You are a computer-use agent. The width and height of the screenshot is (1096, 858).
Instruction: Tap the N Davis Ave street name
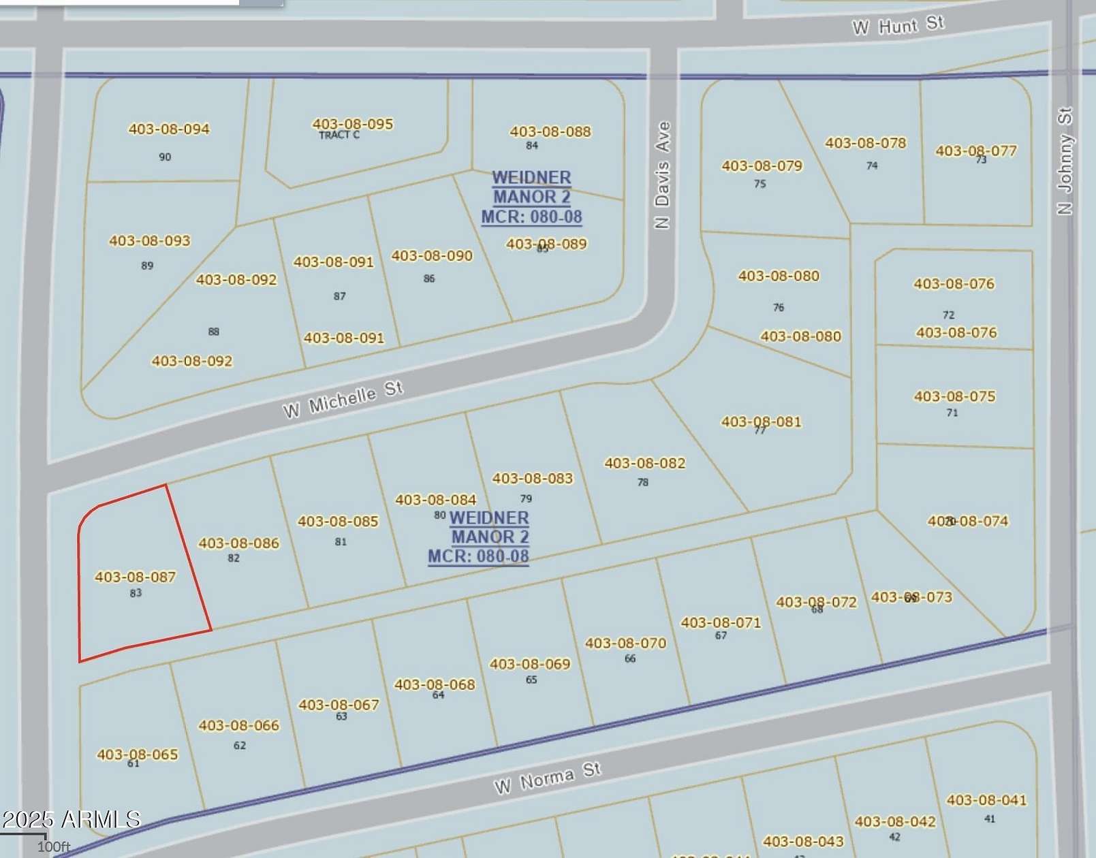click(x=662, y=175)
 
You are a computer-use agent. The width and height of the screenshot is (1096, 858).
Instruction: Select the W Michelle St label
click(x=343, y=400)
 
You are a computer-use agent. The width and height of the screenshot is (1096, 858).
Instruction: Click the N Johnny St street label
click(x=1065, y=161)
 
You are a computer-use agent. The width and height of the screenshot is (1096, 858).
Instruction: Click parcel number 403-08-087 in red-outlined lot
click(x=135, y=577)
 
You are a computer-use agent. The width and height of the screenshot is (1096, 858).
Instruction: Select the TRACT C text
click(x=339, y=136)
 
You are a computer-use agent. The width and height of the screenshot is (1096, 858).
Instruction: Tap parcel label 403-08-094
click(x=169, y=129)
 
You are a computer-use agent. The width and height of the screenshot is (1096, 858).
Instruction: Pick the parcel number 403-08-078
click(x=865, y=143)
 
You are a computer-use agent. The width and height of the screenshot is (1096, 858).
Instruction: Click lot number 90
click(x=165, y=157)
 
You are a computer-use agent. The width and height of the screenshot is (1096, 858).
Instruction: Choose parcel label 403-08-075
click(x=954, y=396)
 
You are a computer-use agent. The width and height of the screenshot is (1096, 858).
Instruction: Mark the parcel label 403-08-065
click(x=137, y=754)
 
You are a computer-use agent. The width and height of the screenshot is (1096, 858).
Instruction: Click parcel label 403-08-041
click(x=986, y=800)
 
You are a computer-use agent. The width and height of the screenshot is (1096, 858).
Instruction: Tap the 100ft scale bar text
click(x=54, y=846)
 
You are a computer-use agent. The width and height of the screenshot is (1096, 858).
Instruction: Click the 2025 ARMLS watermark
click(x=71, y=819)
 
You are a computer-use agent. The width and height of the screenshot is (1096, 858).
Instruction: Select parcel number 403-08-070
click(x=625, y=643)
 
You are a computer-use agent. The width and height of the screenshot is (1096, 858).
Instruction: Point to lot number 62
click(x=240, y=746)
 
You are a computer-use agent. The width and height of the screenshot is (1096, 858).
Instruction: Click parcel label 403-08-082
click(x=644, y=463)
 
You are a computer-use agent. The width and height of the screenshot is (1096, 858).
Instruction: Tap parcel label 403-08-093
click(x=150, y=240)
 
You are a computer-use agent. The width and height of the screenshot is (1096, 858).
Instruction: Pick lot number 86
click(x=429, y=279)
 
